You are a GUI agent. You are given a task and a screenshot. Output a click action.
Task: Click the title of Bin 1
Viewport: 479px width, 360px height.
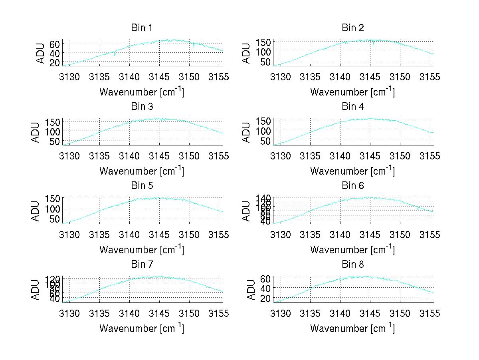tap(142, 28)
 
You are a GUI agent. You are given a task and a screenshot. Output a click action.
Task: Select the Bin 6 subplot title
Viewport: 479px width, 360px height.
tap(352, 186)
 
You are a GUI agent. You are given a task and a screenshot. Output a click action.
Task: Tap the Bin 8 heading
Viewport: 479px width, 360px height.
tap(352, 265)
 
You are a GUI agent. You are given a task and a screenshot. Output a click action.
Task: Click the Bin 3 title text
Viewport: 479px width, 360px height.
tap(142, 107)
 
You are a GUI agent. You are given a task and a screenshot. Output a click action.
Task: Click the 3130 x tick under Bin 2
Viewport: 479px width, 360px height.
tap(281, 77)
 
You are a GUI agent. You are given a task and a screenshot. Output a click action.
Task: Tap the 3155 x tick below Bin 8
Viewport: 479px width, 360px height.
tap(430, 314)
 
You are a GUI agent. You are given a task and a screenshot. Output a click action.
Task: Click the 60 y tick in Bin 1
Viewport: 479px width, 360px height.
tap(55, 44)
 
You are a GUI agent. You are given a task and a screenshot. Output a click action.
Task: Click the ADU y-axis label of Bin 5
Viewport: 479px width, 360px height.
tap(36, 211)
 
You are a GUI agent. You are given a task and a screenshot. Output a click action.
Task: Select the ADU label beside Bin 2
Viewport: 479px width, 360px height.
tap(247, 53)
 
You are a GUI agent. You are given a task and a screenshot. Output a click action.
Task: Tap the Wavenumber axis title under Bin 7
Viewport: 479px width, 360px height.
tap(142, 328)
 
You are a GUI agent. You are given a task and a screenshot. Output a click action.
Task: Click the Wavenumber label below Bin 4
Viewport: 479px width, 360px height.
tap(352, 171)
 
